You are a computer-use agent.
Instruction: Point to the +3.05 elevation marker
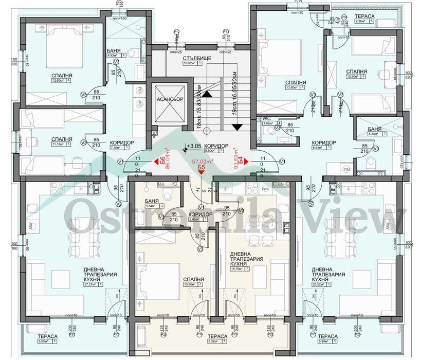coord(194,146)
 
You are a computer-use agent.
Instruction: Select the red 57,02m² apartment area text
coord(202,161)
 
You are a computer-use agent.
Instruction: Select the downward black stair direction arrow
coord(237,127)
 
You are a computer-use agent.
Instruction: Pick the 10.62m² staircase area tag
coord(193,64)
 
